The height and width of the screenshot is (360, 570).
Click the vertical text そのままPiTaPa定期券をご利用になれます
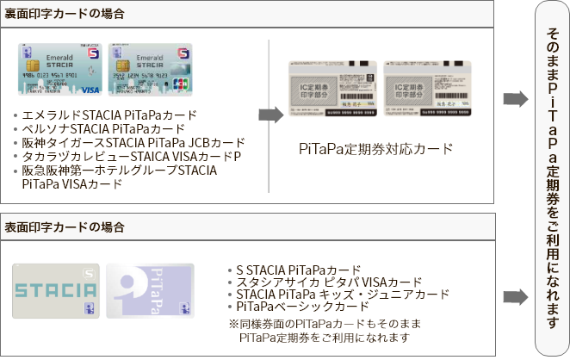551,172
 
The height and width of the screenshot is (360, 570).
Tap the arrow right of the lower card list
515,295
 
